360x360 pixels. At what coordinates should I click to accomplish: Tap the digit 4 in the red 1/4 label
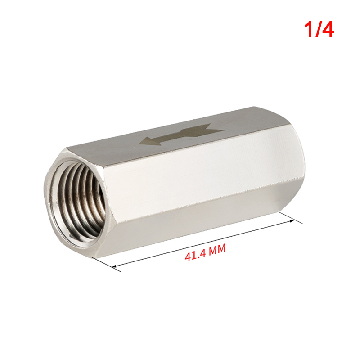pyautogui.click(x=328, y=30)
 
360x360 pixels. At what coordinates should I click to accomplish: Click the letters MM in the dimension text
pyautogui.click(x=217, y=249)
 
